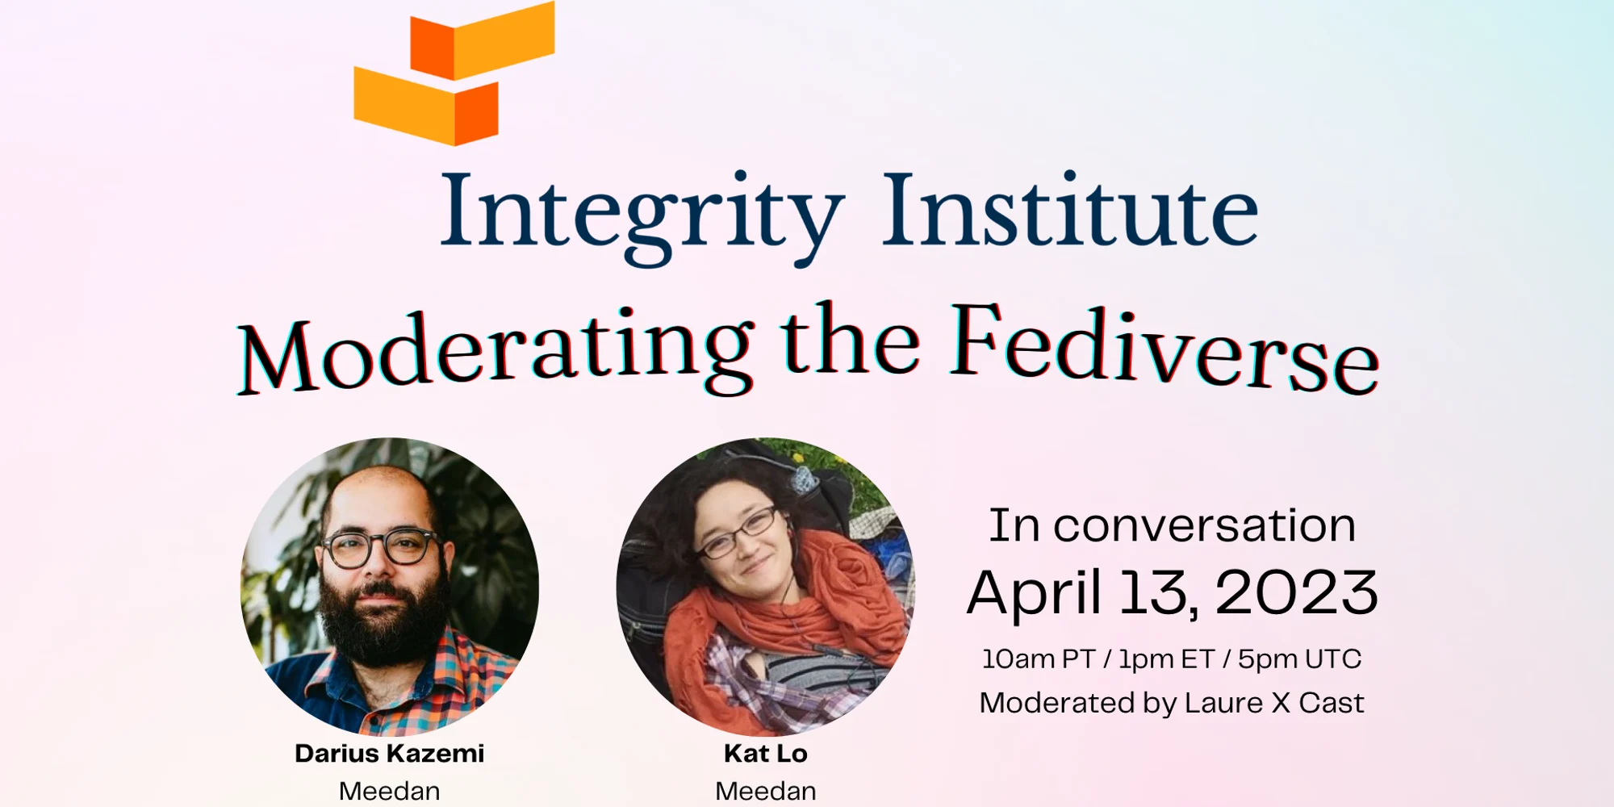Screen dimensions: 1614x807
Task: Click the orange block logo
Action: [x=454, y=74]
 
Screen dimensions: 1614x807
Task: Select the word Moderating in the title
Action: [x=495, y=351]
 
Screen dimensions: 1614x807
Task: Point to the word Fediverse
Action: [x=1165, y=349]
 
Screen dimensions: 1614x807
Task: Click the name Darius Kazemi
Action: [x=389, y=754]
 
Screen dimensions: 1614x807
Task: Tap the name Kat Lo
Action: [x=765, y=754]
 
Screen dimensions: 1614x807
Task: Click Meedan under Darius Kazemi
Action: [x=389, y=791]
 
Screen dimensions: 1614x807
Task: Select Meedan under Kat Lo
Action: [x=765, y=791]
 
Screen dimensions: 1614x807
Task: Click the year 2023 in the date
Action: [x=1296, y=593]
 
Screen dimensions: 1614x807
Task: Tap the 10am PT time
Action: [x=1038, y=659]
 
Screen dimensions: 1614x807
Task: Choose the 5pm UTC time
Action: [x=1299, y=659]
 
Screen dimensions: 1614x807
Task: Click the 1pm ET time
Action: [x=1166, y=659]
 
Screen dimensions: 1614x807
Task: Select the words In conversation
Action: [x=1173, y=526]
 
